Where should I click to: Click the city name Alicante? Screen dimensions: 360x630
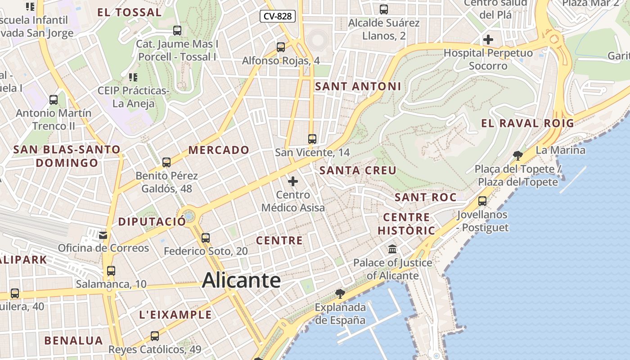pos(241,281)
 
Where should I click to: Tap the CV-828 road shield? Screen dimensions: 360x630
pos(278,17)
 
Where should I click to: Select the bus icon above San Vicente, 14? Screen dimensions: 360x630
pos(312,139)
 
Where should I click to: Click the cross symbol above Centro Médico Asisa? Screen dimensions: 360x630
pos(293,181)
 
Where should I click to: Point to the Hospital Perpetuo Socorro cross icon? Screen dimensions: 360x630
pos(488,40)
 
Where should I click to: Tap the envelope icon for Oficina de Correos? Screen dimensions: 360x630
pos(103,234)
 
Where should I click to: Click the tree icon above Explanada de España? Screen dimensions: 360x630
pos(340,294)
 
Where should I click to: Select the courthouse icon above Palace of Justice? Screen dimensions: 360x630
pos(392,249)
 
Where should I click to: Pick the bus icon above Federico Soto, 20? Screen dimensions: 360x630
pos(206,238)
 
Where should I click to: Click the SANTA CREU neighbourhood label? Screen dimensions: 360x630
pos(358,171)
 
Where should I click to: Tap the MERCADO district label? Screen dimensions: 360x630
pos(219,150)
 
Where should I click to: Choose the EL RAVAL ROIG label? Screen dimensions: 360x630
pos(527,123)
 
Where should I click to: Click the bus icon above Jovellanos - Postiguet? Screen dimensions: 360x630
pos(482,201)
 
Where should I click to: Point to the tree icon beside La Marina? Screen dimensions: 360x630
pos(518,156)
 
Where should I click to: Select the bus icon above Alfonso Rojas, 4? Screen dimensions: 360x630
pos(281,47)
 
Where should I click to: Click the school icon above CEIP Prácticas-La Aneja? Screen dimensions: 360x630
pos(133,77)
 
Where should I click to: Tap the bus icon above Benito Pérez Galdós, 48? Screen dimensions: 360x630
pos(166,162)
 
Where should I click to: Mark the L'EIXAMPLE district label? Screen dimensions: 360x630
pos(175,315)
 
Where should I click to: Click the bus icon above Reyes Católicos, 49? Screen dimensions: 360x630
pos(155,336)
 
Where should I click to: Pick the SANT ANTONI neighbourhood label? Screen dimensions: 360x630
pos(358,86)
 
